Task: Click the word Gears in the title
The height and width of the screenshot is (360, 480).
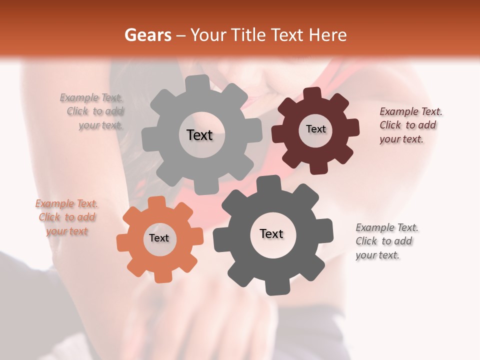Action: coord(145,35)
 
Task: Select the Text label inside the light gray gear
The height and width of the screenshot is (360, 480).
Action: coord(199,135)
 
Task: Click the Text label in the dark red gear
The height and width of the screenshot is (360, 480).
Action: coord(315,129)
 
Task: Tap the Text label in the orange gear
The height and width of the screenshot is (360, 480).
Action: coord(159,238)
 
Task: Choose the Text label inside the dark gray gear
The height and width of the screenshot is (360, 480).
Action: coord(271,233)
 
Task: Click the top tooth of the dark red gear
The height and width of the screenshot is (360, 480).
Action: coord(312,94)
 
